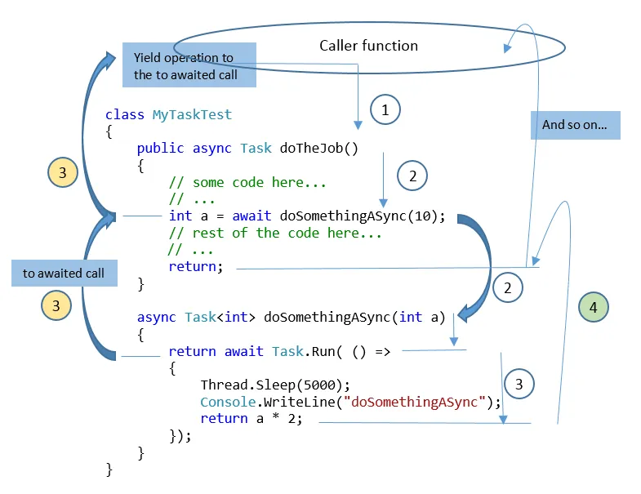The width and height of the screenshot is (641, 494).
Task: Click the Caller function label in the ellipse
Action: [x=368, y=46]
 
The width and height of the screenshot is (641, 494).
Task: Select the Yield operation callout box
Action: [x=189, y=66]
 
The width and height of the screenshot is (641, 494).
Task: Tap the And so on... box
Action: [x=580, y=126]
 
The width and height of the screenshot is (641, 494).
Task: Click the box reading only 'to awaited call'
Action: [x=63, y=274]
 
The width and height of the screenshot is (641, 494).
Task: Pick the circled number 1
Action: [x=386, y=109]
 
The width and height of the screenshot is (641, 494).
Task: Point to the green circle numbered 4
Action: [x=594, y=307]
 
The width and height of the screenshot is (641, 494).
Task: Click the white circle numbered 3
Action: [x=520, y=384]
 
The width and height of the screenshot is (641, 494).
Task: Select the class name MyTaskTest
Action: [x=192, y=115]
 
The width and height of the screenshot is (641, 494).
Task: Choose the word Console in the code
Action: [x=228, y=402]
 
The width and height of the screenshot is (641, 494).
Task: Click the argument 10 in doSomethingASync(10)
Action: [x=430, y=216]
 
